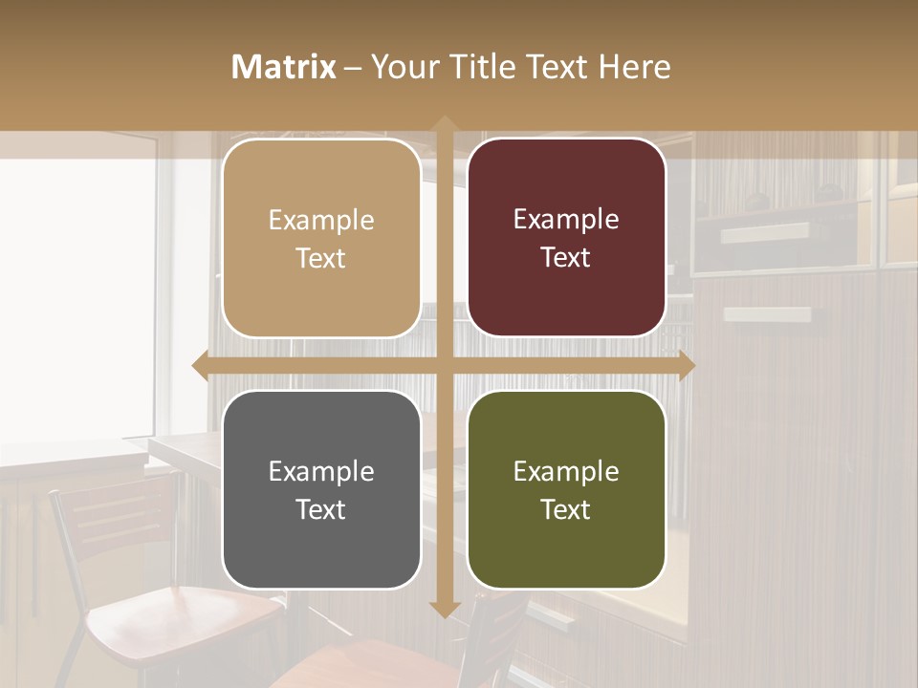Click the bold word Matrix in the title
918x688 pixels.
(284, 67)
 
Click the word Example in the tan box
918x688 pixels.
(321, 221)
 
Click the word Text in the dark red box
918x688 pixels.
(566, 258)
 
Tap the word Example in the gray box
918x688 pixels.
(321, 471)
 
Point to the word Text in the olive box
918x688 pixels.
(566, 509)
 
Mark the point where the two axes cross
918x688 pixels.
(445, 365)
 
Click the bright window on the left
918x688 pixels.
(76, 296)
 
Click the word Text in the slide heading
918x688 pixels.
(557, 67)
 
